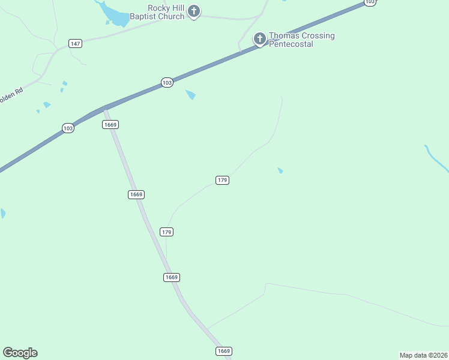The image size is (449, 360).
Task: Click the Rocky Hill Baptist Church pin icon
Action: point(194,11)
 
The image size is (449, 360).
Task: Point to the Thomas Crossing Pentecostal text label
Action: point(301,40)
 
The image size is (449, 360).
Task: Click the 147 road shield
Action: point(75,44)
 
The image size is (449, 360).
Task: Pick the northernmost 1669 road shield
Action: point(110,124)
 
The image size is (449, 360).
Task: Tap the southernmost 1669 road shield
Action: point(223,350)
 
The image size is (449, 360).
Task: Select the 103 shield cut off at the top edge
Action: point(370,2)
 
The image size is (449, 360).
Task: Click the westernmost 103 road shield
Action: point(68,128)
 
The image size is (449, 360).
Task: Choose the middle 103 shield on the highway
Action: point(167,83)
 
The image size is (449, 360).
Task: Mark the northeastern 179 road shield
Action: point(222,180)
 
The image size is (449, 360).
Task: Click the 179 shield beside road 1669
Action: point(167,232)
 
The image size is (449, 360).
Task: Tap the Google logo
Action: point(20,353)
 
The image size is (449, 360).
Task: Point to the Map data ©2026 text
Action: point(423,355)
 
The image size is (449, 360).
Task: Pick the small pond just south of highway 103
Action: point(191,94)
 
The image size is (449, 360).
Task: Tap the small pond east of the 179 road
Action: point(280,171)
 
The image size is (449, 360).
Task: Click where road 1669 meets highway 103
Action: point(106,109)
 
